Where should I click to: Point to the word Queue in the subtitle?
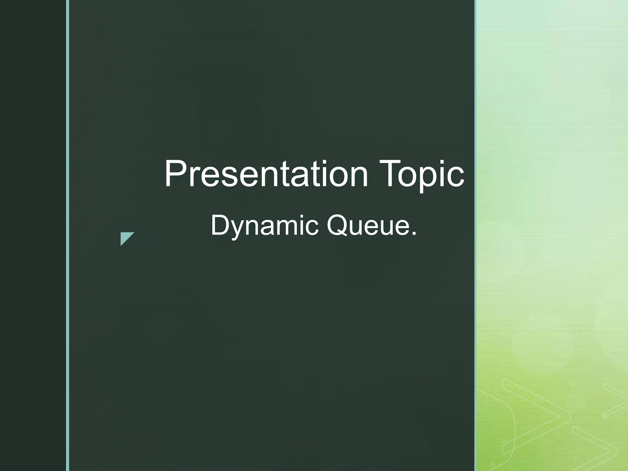[x=368, y=226]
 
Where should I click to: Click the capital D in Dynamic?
[x=219, y=225]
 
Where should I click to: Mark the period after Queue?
[x=414, y=234]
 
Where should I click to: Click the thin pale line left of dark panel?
[x=67, y=235]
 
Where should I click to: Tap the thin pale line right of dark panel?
[x=476, y=235]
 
